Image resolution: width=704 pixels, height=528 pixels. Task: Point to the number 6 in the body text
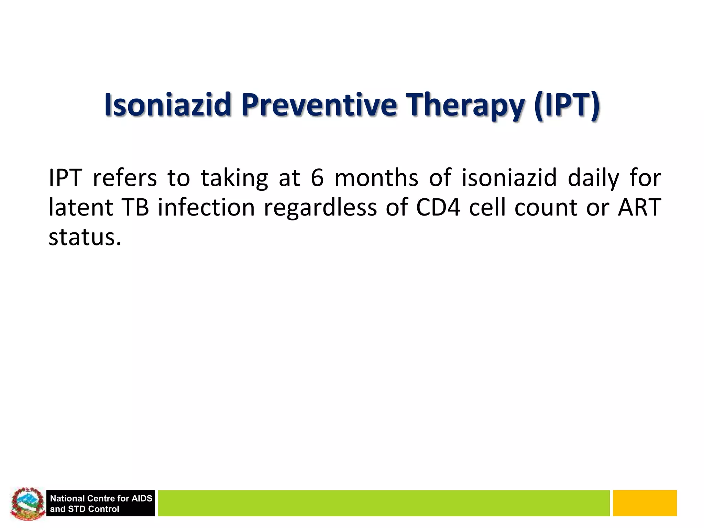tap(317, 178)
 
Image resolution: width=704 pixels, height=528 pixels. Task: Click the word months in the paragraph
tap(376, 178)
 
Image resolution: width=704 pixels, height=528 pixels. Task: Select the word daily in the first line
tap(593, 178)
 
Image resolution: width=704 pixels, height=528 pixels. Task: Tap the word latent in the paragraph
tap(81, 208)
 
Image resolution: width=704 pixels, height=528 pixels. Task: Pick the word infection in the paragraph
tap(206, 208)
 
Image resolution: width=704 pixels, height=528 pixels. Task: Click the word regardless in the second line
tap(320, 208)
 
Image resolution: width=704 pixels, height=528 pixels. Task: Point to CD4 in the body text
tap(438, 208)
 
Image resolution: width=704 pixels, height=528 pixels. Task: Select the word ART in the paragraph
tap(639, 208)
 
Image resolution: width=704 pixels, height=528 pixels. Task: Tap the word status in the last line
tap(84, 237)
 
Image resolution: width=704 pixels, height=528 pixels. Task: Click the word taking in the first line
tap(234, 178)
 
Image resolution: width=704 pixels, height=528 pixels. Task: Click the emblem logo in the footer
tap(27, 503)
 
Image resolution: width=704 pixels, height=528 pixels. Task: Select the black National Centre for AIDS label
tap(101, 503)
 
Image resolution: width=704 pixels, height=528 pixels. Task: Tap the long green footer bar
tap(383, 503)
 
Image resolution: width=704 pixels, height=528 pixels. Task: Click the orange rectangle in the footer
tap(645, 503)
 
